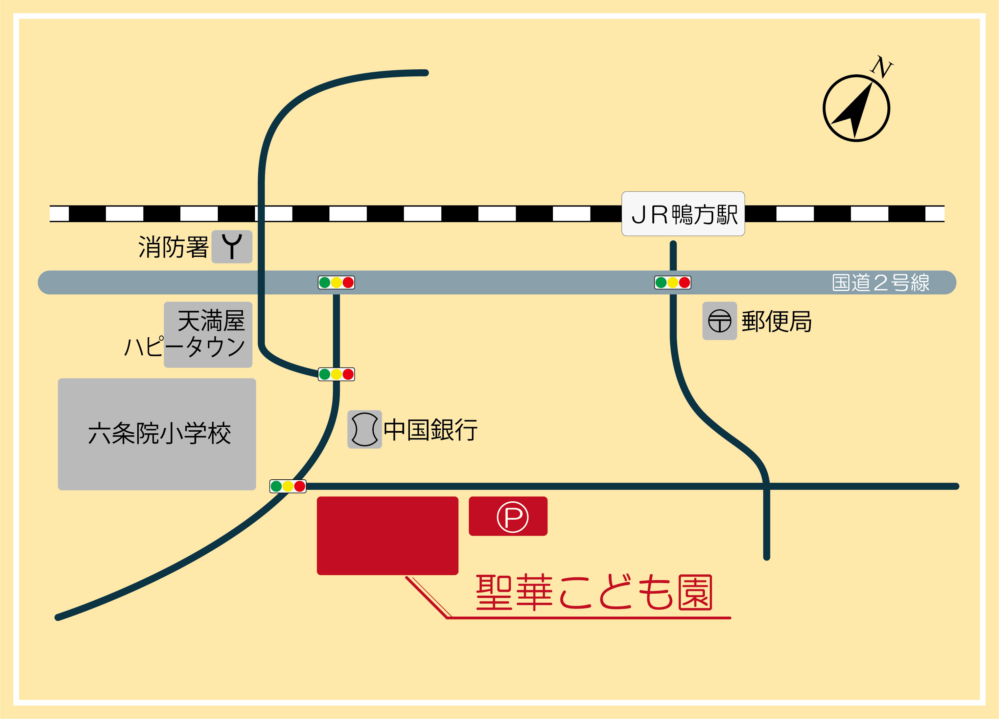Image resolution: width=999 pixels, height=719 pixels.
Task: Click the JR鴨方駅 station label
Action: pos(683,214)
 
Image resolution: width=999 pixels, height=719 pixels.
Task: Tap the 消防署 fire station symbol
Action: pos(232,246)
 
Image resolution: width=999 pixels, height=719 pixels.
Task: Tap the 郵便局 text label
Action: pos(776,321)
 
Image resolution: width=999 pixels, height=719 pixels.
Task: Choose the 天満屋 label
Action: pos(211,320)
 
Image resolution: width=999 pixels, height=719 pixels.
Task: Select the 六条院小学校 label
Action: pos(159,434)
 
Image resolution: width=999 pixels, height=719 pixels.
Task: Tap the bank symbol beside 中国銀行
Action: pos(364,429)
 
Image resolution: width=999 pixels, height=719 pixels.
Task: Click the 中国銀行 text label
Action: pos(431,430)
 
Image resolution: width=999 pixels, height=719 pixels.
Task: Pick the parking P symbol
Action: pos(512,517)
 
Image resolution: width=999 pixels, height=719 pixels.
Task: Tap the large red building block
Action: pos(387,535)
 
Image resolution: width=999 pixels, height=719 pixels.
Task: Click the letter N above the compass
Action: pos(881,67)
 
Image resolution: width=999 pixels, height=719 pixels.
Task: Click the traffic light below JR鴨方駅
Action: pos(672,282)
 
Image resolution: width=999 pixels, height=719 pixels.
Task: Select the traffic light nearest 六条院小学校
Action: pos(288,486)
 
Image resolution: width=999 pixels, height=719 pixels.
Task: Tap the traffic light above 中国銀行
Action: pos(336,374)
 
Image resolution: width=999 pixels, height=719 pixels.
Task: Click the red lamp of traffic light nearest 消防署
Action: pos(348,282)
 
